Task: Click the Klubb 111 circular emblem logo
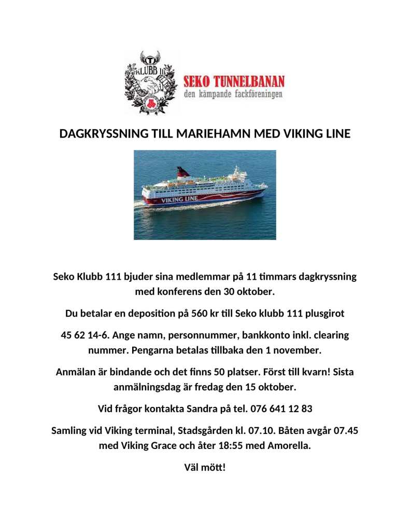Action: (151, 82)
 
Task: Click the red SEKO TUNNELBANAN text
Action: (234, 81)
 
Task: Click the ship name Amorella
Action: (287, 445)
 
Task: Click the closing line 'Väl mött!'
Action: (205, 467)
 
